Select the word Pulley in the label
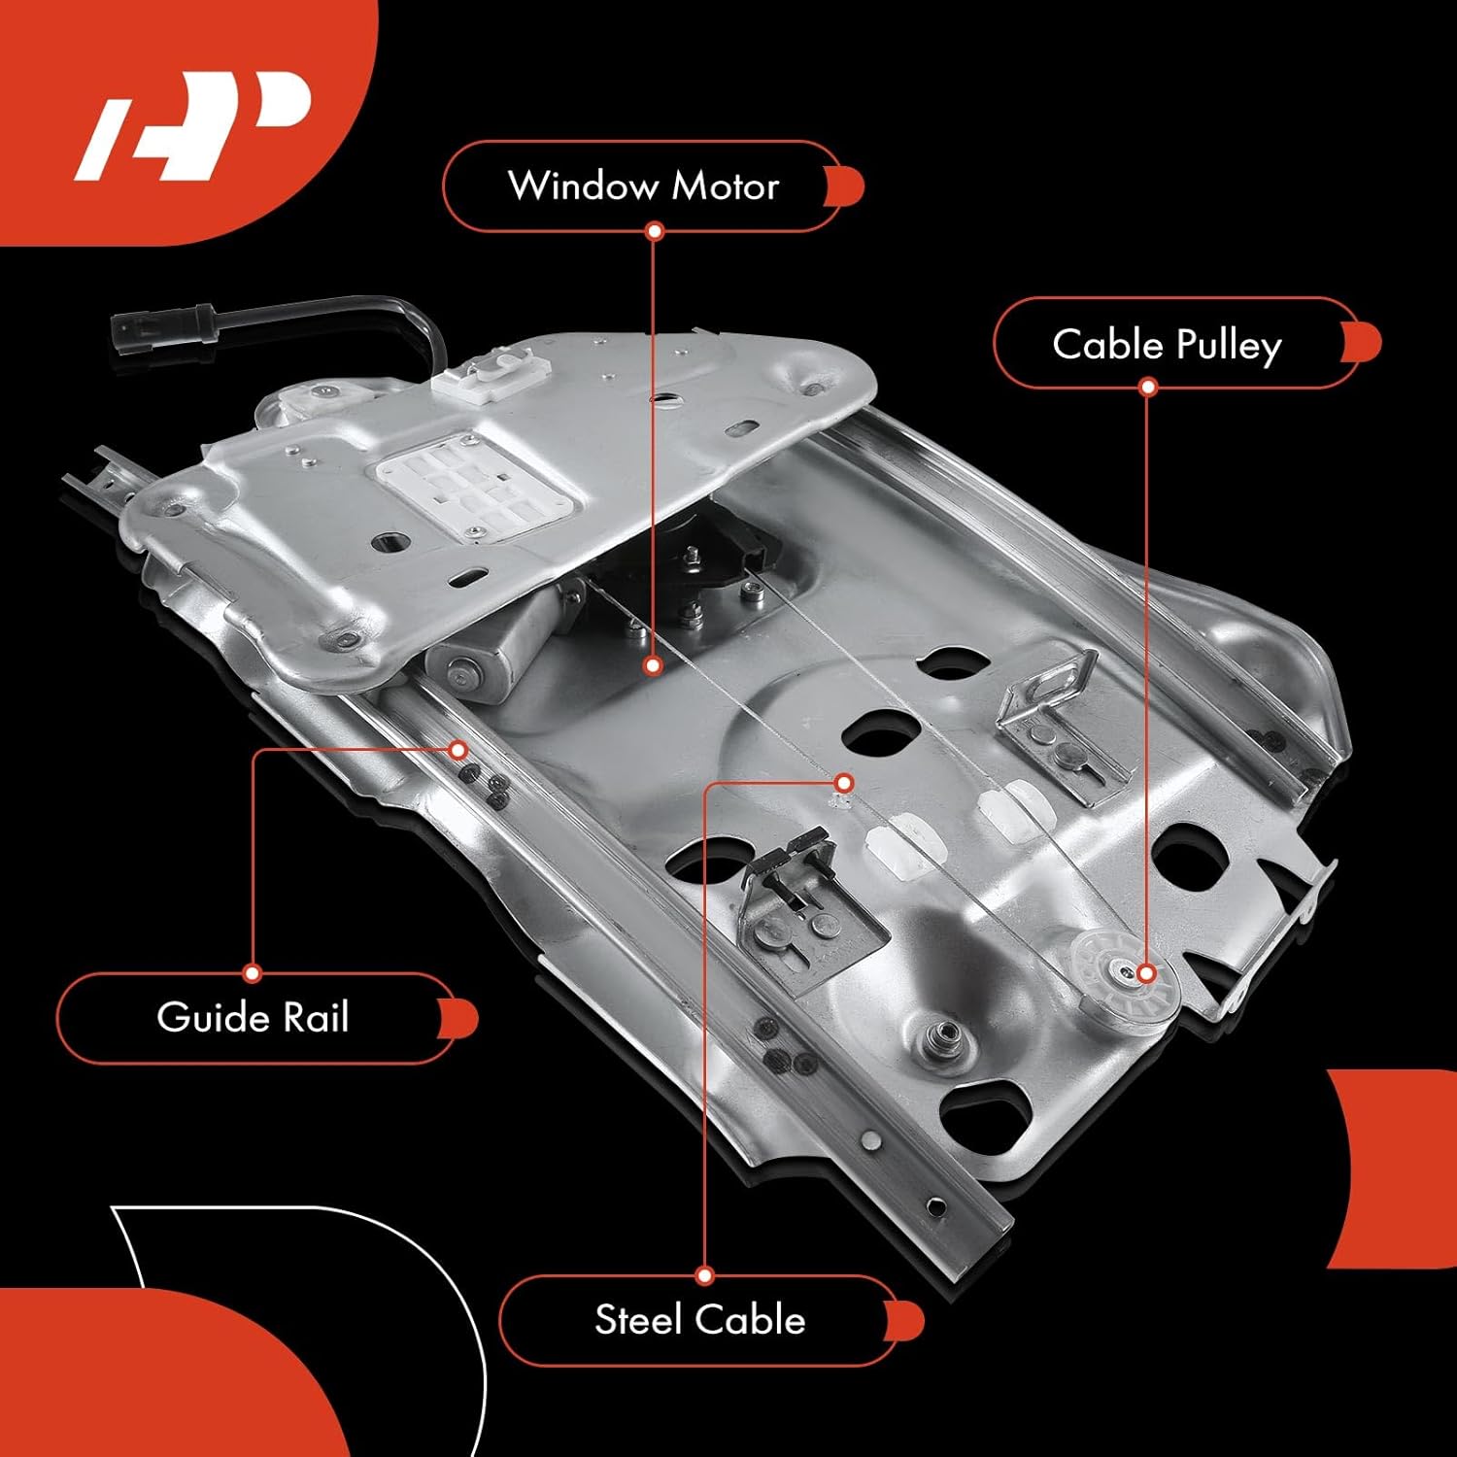pos(1229,346)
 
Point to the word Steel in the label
pos(638,1320)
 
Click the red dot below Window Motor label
pos(655,231)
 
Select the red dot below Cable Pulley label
pos(1148,388)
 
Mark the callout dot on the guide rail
pos(458,750)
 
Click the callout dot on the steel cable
pos(844,783)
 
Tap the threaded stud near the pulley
pos(939,1035)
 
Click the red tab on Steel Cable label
pos(907,1320)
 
